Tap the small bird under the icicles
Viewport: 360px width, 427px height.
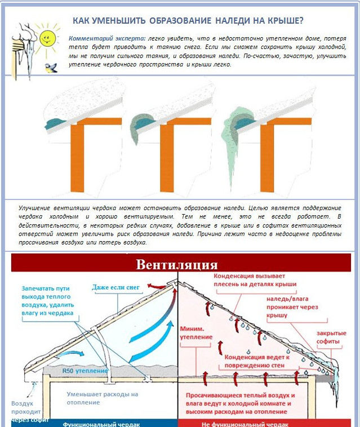(x=52, y=68)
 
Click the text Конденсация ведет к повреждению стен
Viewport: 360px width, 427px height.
(x=257, y=361)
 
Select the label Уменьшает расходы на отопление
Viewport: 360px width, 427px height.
(x=101, y=398)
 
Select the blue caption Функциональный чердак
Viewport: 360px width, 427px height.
(x=101, y=424)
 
